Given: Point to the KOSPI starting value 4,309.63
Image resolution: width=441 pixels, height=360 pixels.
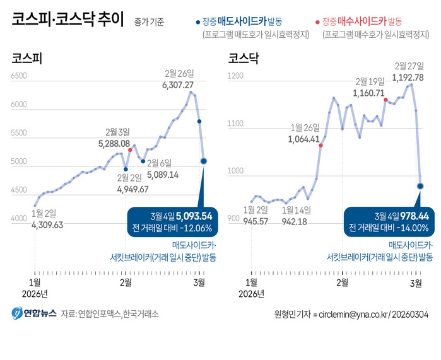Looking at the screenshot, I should tap(47, 224).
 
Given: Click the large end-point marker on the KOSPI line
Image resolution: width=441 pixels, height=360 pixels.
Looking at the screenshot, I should tap(204, 161).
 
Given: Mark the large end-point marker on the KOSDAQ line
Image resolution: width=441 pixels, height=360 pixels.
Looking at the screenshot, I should tap(420, 186).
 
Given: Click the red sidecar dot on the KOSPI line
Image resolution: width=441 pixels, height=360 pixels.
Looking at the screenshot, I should tap(130, 150).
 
